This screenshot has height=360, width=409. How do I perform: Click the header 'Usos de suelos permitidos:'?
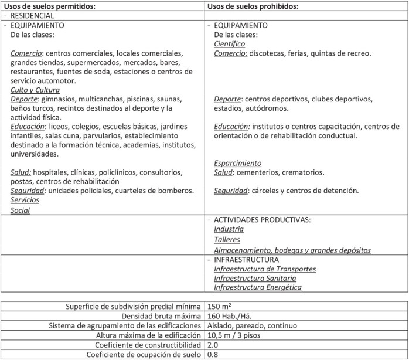pos(49,6)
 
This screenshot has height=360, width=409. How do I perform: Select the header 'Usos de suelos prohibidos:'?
pos(254,6)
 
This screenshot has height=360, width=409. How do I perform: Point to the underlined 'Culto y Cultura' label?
pos(35,90)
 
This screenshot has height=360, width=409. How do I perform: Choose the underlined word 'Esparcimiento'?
pos(238,163)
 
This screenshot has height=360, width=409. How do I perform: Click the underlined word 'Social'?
pos(20,210)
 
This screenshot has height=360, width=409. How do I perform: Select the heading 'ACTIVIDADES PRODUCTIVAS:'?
pos(263,220)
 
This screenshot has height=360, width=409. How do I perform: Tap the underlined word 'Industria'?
pos(229,229)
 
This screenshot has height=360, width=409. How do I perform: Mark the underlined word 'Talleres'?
pos(227,240)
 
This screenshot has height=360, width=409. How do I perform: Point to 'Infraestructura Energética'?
pos(258,287)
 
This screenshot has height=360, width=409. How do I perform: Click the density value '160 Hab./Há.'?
pos(230,316)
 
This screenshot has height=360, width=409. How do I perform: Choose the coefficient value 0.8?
pos(213,354)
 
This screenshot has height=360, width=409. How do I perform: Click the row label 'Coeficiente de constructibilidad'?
pos(149,345)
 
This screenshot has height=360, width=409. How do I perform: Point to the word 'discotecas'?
pos(267,53)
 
